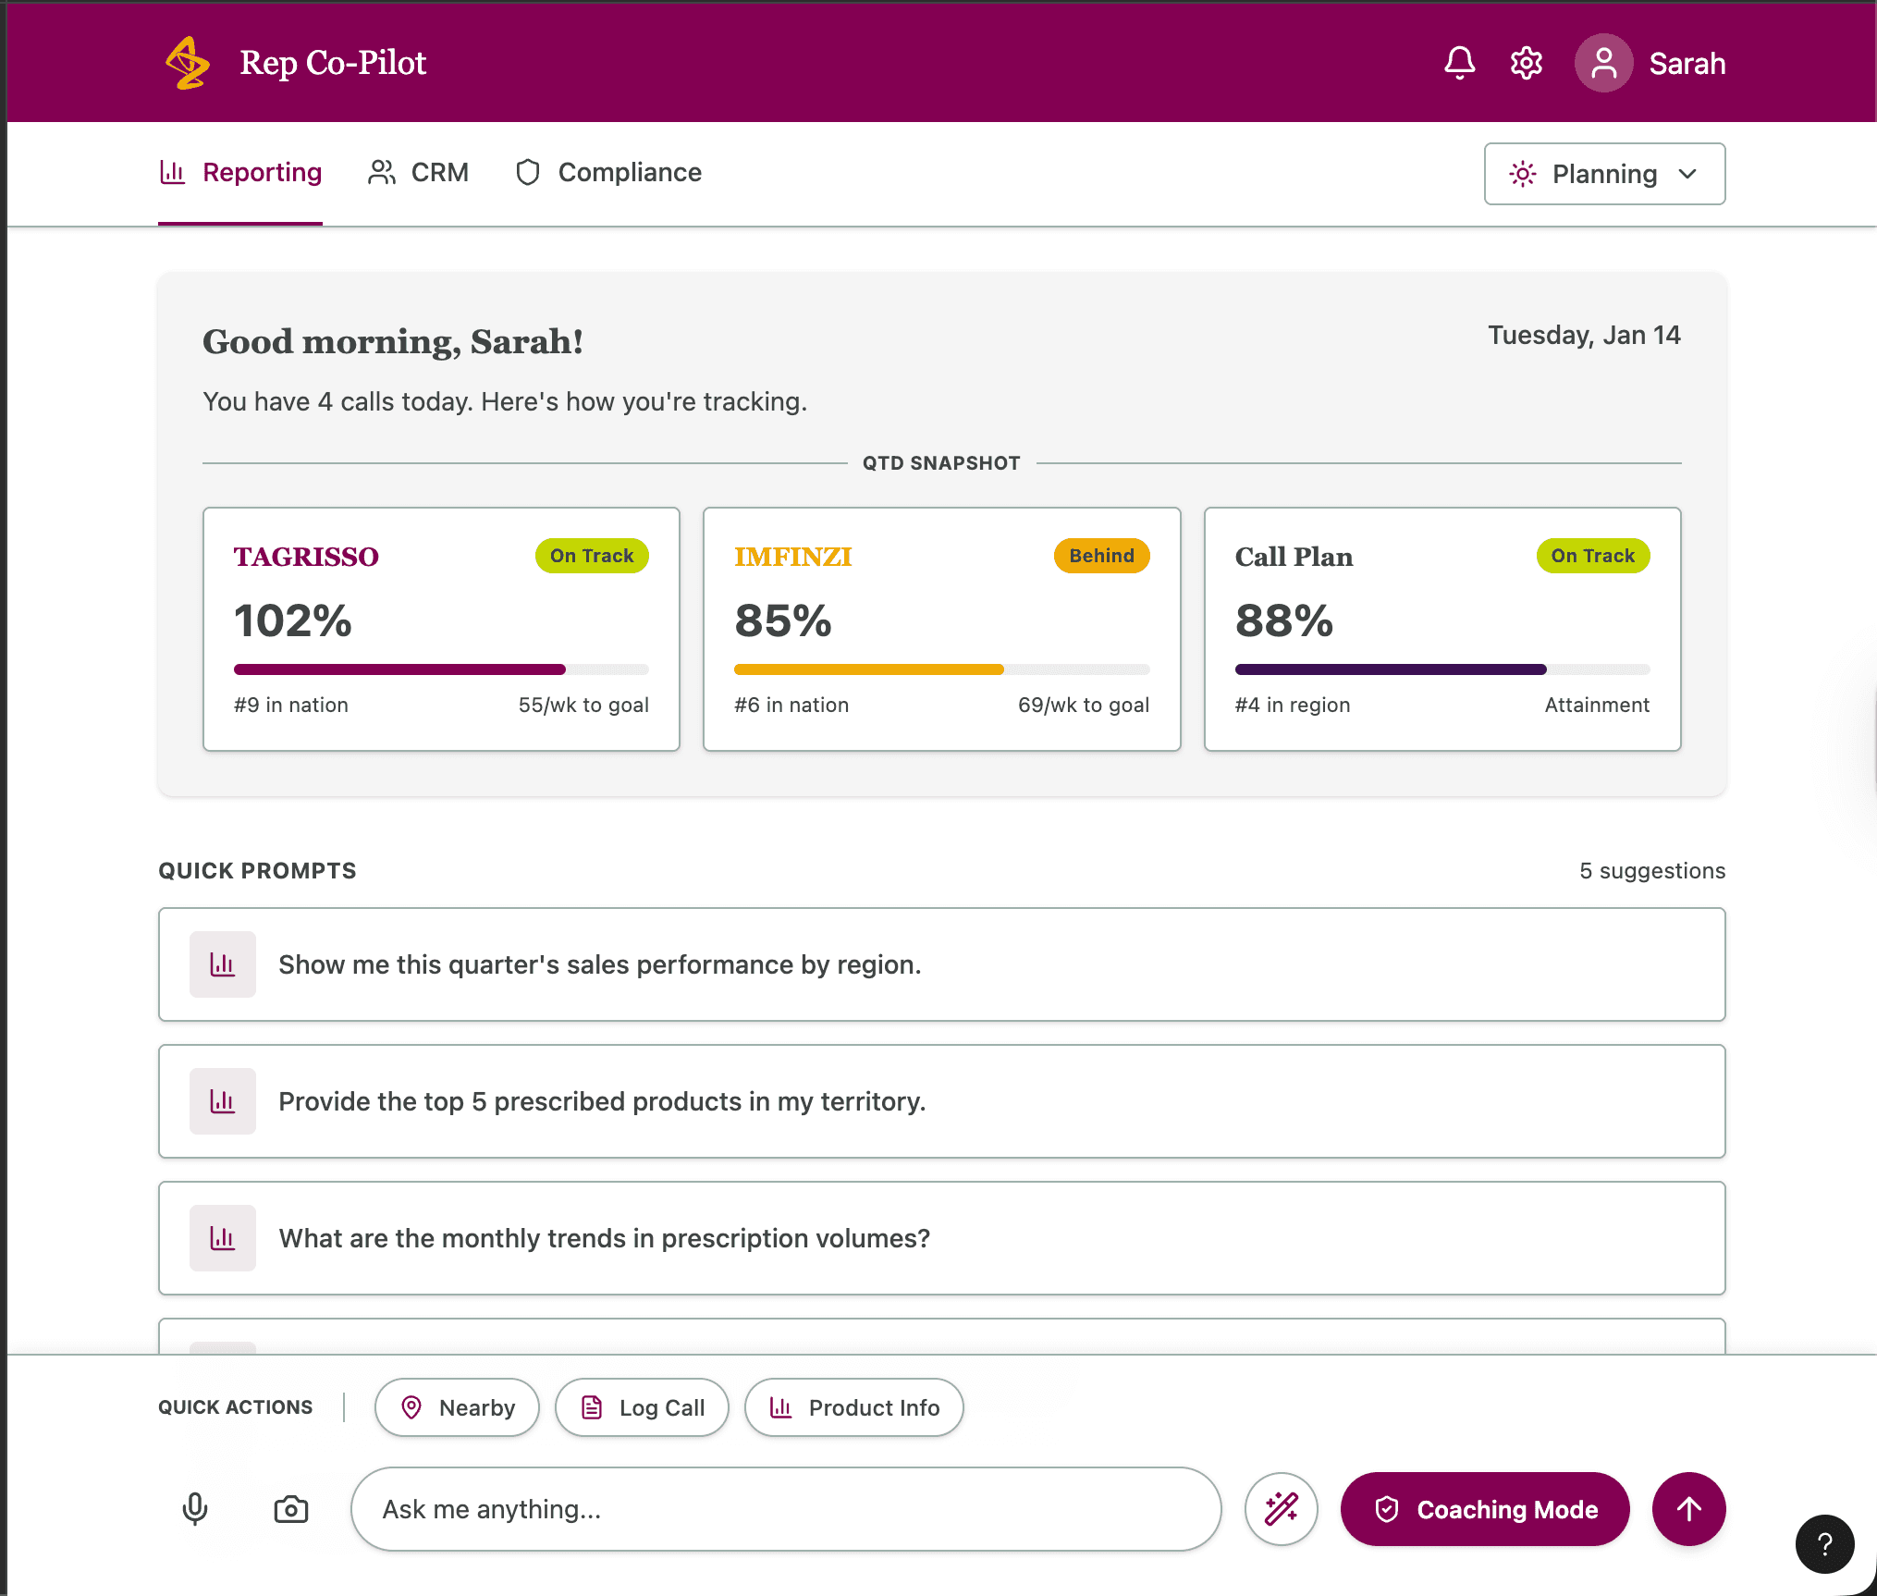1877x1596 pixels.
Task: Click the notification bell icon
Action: coord(1459,63)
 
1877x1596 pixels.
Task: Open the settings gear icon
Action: coord(1527,63)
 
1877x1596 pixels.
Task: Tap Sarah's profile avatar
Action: coord(1603,63)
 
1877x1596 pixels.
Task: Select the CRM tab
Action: coord(419,173)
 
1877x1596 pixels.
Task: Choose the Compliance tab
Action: coord(608,173)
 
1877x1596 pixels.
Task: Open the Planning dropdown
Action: coord(1604,174)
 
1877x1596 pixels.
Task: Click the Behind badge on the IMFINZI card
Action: coord(1101,556)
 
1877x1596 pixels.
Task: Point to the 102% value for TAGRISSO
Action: coord(293,620)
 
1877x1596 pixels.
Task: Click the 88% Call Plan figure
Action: coord(1284,620)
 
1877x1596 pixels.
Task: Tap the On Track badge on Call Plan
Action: coord(1592,556)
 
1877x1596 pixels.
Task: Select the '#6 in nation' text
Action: coord(791,706)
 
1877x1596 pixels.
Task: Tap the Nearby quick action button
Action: coord(457,1407)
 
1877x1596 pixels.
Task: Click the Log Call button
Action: coord(642,1407)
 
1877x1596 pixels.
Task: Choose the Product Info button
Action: coord(853,1407)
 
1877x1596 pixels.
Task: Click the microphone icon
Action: coord(195,1509)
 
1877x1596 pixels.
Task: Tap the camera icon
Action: coord(291,1509)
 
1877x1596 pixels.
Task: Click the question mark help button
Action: coord(1824,1544)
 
